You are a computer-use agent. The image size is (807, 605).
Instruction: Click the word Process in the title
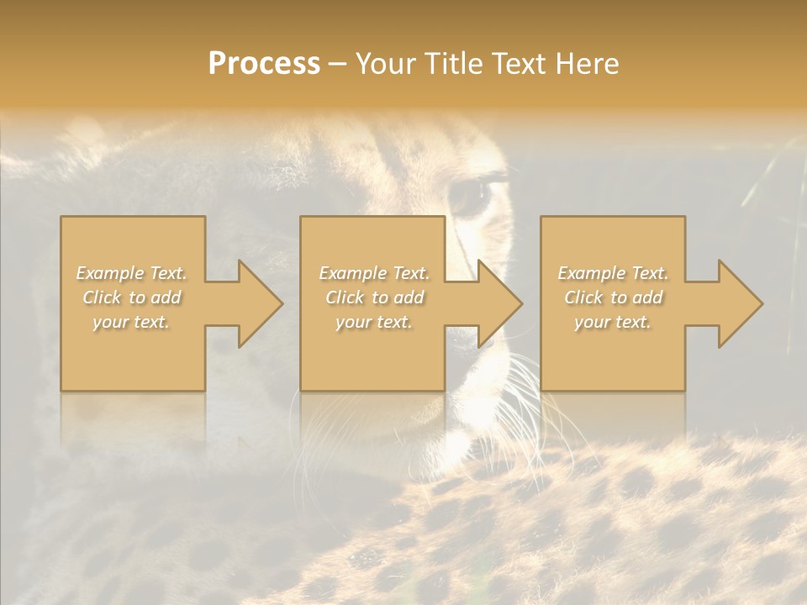(264, 64)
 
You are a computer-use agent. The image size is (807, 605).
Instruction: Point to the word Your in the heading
(386, 64)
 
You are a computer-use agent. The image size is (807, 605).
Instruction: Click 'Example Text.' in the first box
(132, 273)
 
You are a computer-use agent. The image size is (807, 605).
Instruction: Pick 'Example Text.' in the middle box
(374, 273)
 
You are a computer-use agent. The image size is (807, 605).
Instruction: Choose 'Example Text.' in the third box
(613, 273)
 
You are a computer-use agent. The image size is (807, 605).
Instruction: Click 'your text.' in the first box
(131, 322)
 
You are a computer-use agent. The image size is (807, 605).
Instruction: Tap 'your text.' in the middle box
(374, 322)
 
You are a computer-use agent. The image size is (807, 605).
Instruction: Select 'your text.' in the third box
(613, 322)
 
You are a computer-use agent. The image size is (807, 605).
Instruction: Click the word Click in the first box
(103, 297)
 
